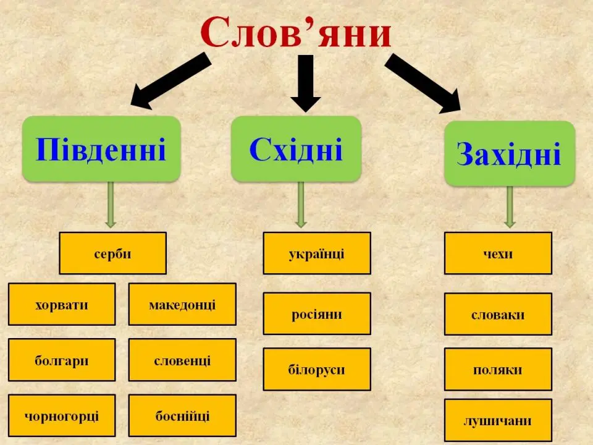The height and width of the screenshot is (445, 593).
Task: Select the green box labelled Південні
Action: click(x=101, y=149)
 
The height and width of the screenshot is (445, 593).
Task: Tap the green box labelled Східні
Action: click(x=296, y=149)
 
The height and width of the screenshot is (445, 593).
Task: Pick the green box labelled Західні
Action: click(x=510, y=154)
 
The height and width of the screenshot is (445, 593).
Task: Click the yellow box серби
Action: click(x=112, y=253)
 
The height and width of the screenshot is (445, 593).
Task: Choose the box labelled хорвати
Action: click(x=62, y=304)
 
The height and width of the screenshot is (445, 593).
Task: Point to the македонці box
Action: click(x=182, y=304)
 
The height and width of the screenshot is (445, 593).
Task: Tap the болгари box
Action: click(x=62, y=360)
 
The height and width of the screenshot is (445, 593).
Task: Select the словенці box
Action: click(x=182, y=360)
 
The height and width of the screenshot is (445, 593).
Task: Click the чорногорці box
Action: click(x=62, y=415)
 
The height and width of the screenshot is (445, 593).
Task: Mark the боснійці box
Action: click(x=182, y=415)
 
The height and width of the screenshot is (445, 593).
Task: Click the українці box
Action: click(x=317, y=253)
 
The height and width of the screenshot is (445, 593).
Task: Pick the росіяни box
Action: click(x=317, y=313)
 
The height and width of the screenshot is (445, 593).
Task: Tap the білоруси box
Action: click(x=317, y=369)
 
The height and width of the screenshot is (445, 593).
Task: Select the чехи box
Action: click(x=498, y=253)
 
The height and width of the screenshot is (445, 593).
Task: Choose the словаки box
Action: click(x=498, y=313)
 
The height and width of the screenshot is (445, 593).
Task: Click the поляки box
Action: click(x=498, y=369)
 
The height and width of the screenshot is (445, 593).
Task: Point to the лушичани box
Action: click(x=498, y=420)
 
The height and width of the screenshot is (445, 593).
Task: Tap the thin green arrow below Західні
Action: click(x=510, y=207)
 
